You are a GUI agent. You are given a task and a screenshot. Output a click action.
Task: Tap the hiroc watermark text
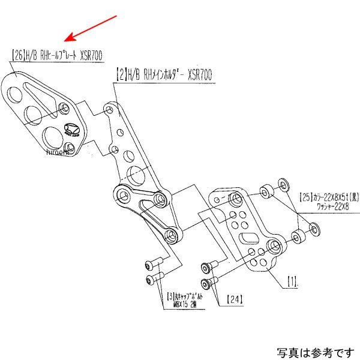(x=58, y=152)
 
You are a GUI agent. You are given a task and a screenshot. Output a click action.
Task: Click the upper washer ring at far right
(x=283, y=182)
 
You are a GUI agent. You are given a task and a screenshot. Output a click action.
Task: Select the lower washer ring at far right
(x=313, y=227)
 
